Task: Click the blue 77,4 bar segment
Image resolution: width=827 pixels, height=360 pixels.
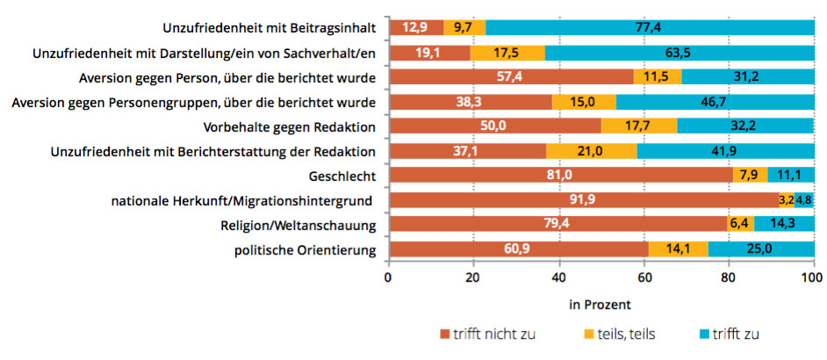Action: coord(650,28)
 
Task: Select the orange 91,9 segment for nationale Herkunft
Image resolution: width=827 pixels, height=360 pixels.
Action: coord(583,200)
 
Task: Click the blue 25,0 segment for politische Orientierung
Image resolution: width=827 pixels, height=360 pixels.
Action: coord(760,250)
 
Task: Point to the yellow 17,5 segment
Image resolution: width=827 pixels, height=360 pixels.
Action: coord(507,53)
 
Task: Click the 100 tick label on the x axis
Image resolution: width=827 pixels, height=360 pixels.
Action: coord(812,277)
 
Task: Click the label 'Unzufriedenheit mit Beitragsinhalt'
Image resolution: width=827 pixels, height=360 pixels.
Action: coord(270,28)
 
